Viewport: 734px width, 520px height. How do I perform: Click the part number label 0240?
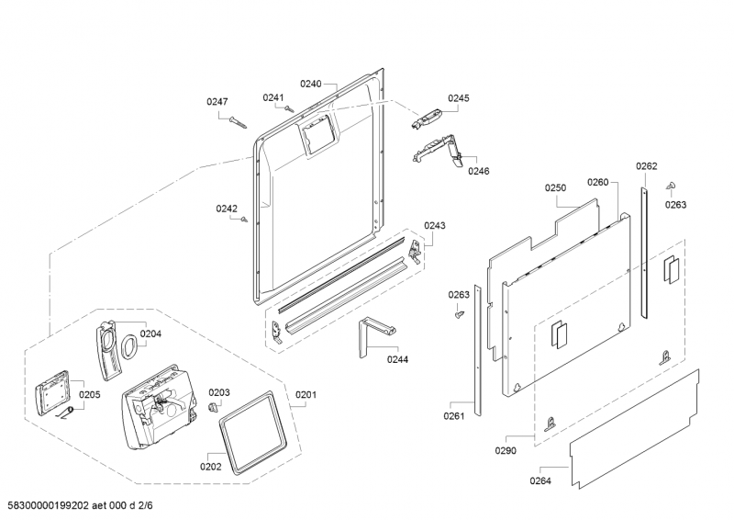tap(310, 84)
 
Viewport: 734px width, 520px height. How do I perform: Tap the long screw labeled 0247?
tap(238, 122)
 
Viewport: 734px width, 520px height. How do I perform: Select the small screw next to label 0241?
tap(289, 108)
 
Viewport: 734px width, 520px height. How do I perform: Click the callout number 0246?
tap(478, 171)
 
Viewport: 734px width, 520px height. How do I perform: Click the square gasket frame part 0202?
tap(253, 433)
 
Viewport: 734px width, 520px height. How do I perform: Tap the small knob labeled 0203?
tap(214, 406)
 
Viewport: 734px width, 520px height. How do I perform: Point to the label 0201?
tap(306, 395)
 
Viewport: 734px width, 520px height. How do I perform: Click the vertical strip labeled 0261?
tap(477, 350)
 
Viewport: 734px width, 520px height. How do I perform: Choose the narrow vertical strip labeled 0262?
tap(644, 253)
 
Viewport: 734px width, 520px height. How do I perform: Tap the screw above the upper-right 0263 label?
tap(671, 186)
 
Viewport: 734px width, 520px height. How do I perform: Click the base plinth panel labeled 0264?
tap(634, 429)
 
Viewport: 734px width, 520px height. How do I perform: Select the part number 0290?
tap(506, 450)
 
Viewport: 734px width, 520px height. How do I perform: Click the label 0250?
tap(555, 187)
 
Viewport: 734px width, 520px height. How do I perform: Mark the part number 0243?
tap(435, 225)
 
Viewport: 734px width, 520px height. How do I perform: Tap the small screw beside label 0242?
tap(244, 219)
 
